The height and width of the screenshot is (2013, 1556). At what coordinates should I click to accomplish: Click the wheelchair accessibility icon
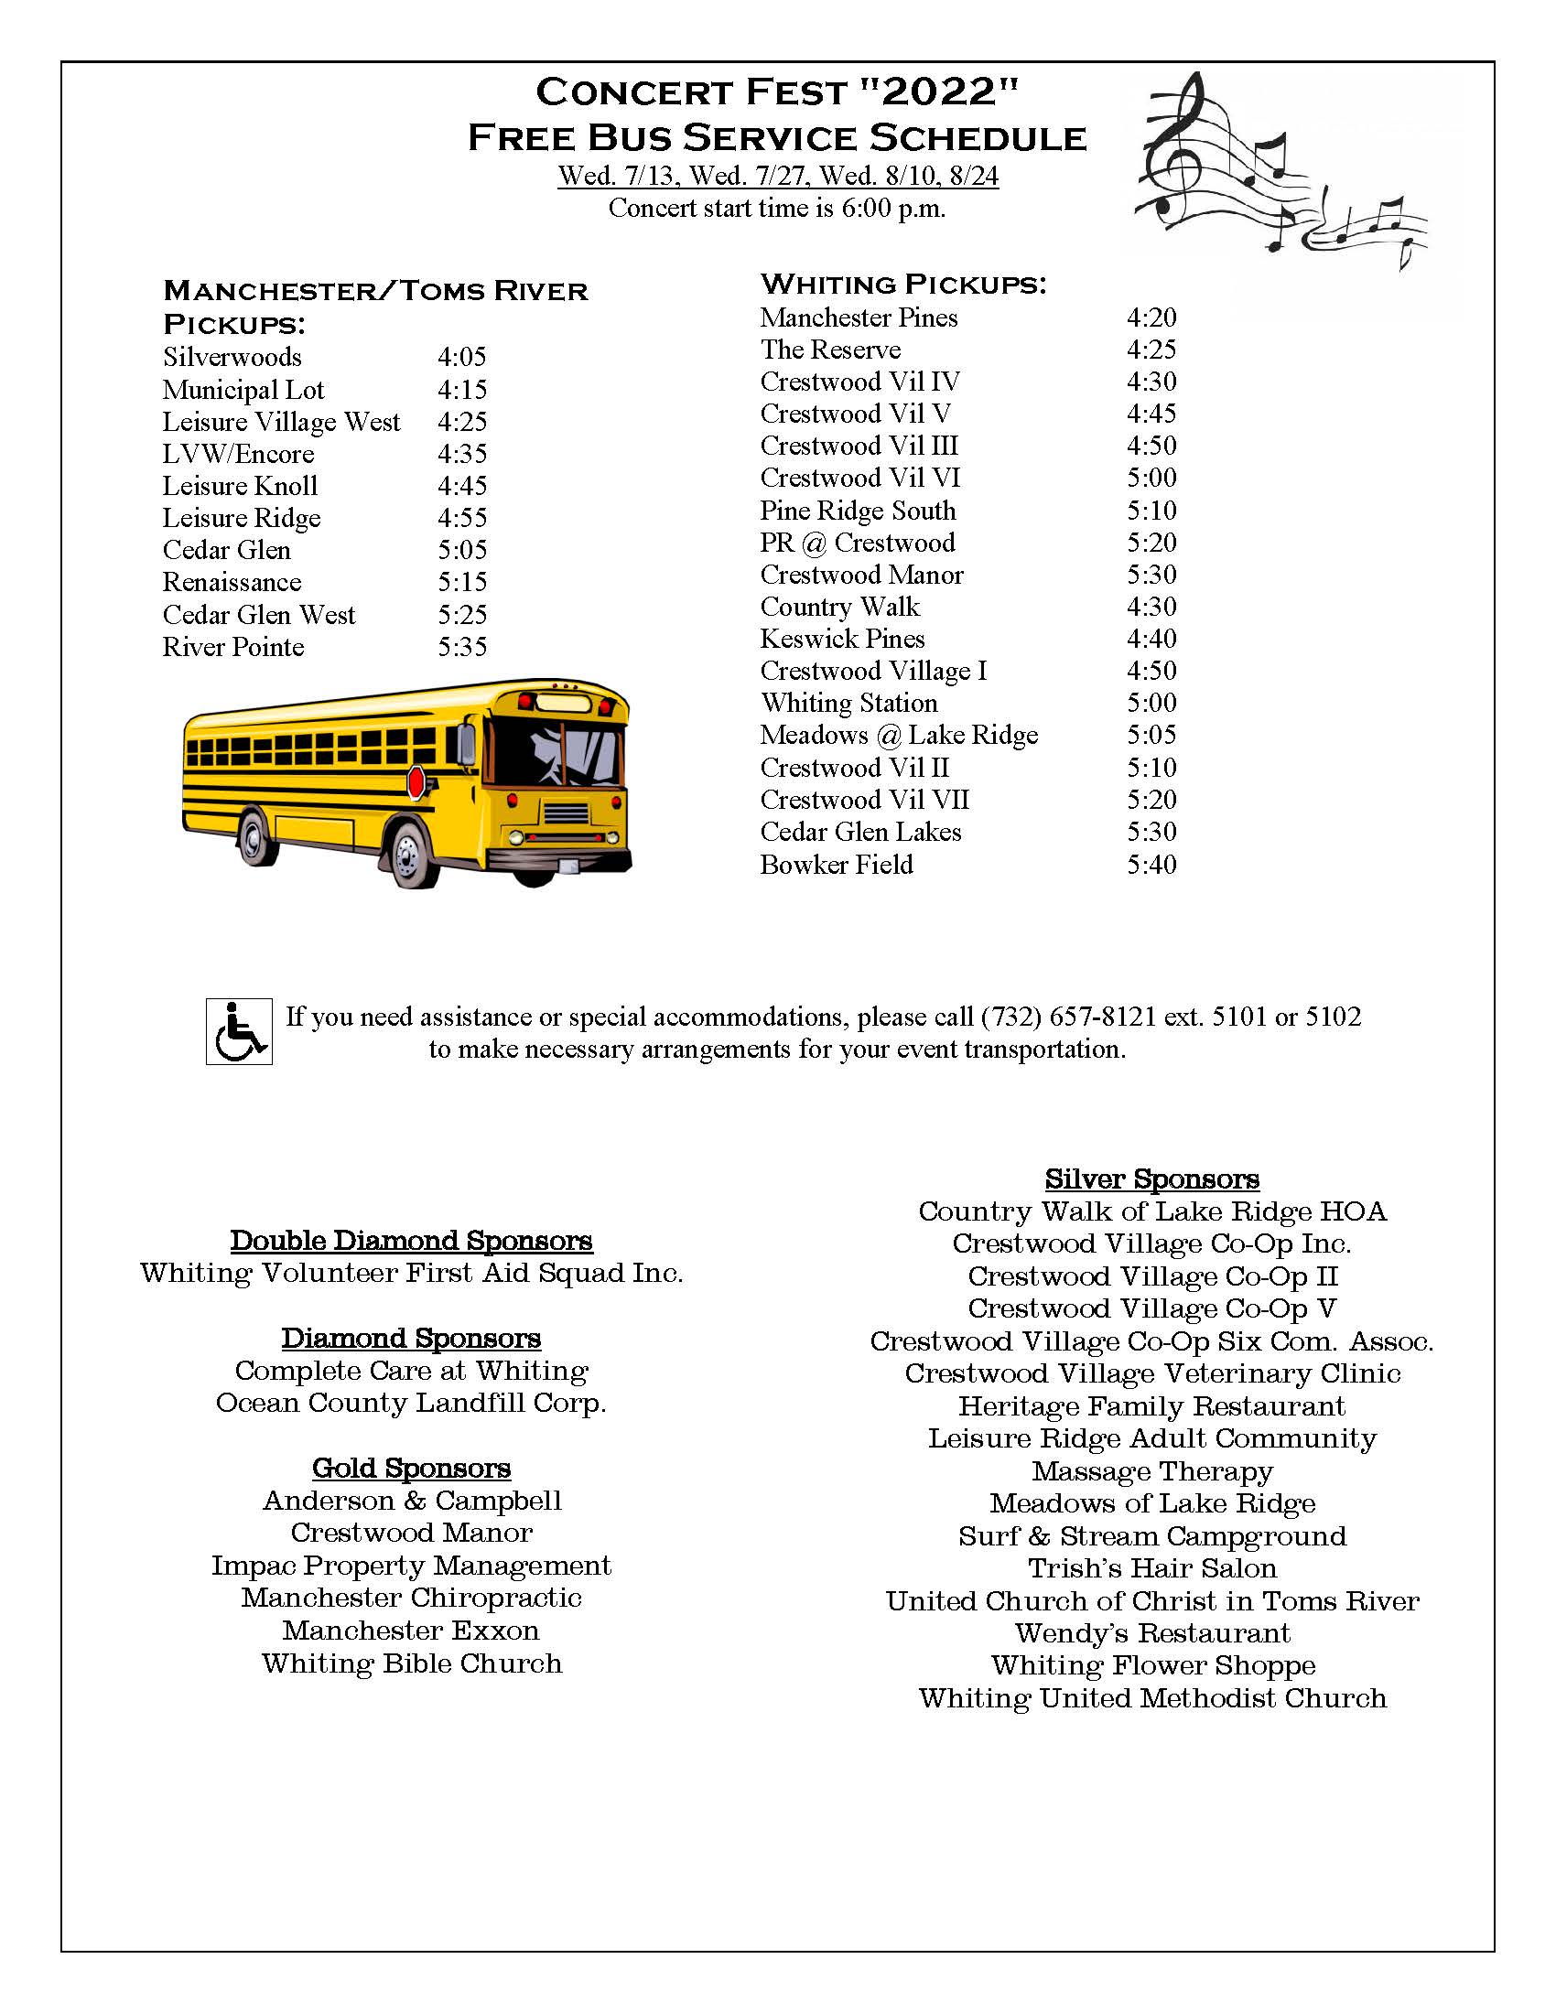point(239,1031)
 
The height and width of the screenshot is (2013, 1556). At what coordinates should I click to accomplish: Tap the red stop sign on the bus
point(416,782)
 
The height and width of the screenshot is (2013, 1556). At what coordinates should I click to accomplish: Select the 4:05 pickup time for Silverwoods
point(462,357)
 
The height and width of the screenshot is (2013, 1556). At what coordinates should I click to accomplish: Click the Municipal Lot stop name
point(243,390)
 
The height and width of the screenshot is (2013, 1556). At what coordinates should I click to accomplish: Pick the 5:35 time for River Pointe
point(462,647)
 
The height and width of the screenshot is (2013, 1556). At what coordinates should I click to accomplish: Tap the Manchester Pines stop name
point(859,318)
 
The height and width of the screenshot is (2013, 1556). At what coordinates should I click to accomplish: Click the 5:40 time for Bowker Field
point(1151,865)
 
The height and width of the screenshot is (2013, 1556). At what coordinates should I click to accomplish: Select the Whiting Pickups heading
point(903,284)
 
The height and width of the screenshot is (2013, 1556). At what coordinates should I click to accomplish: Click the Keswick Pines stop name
point(841,639)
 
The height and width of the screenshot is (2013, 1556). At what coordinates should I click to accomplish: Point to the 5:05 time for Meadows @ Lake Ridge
point(1151,735)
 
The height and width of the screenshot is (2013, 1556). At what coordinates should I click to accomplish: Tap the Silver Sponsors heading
point(1151,1179)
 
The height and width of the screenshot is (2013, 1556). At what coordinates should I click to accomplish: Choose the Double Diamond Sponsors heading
point(411,1241)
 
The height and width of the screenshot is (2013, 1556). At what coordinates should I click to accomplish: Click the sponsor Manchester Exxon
point(411,1631)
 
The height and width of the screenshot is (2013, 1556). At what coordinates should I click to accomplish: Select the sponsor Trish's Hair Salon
point(1152,1567)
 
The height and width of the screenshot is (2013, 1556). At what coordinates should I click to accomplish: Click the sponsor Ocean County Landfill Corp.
point(411,1403)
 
